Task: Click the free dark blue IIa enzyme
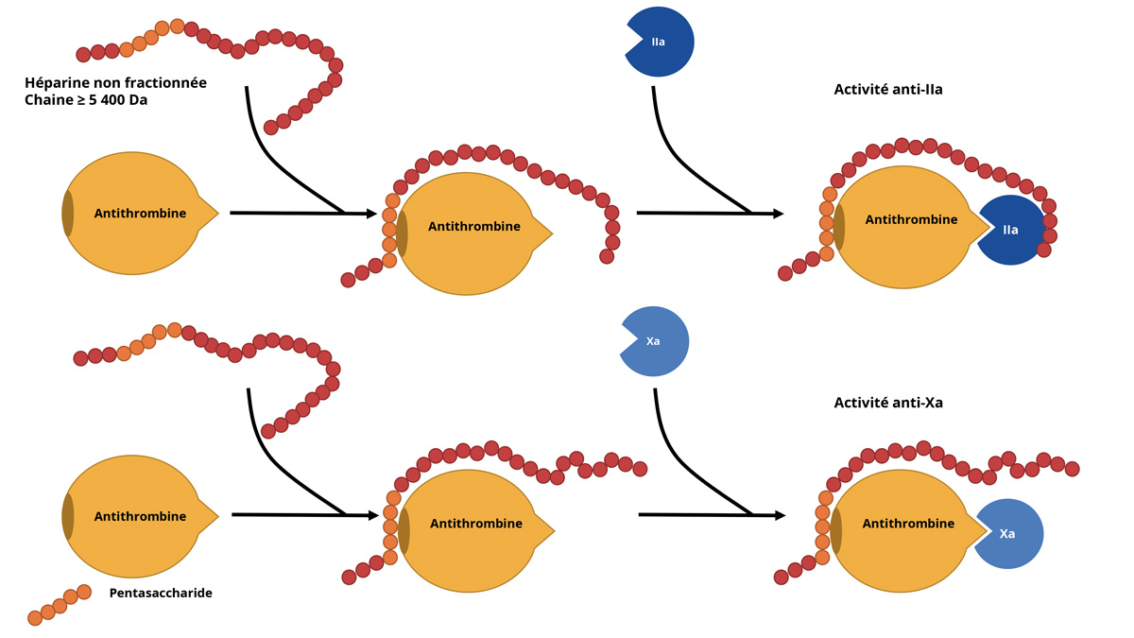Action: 661,43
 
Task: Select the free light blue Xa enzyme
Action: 656,341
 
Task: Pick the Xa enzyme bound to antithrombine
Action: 1010,534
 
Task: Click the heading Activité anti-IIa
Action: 888,90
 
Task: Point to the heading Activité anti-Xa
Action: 888,403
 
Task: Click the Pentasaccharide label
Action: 161,594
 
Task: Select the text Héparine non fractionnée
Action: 115,83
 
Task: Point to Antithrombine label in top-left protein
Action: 140,214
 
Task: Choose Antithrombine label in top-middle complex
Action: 473,227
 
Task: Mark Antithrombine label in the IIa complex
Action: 911,220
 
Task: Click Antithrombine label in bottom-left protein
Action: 140,517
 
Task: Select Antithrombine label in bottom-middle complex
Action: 475,524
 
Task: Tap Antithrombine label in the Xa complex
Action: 908,524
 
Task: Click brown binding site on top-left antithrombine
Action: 68,214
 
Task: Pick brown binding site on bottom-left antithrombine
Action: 68,517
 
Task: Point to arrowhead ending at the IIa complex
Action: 778,214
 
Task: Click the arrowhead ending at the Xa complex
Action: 780,515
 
